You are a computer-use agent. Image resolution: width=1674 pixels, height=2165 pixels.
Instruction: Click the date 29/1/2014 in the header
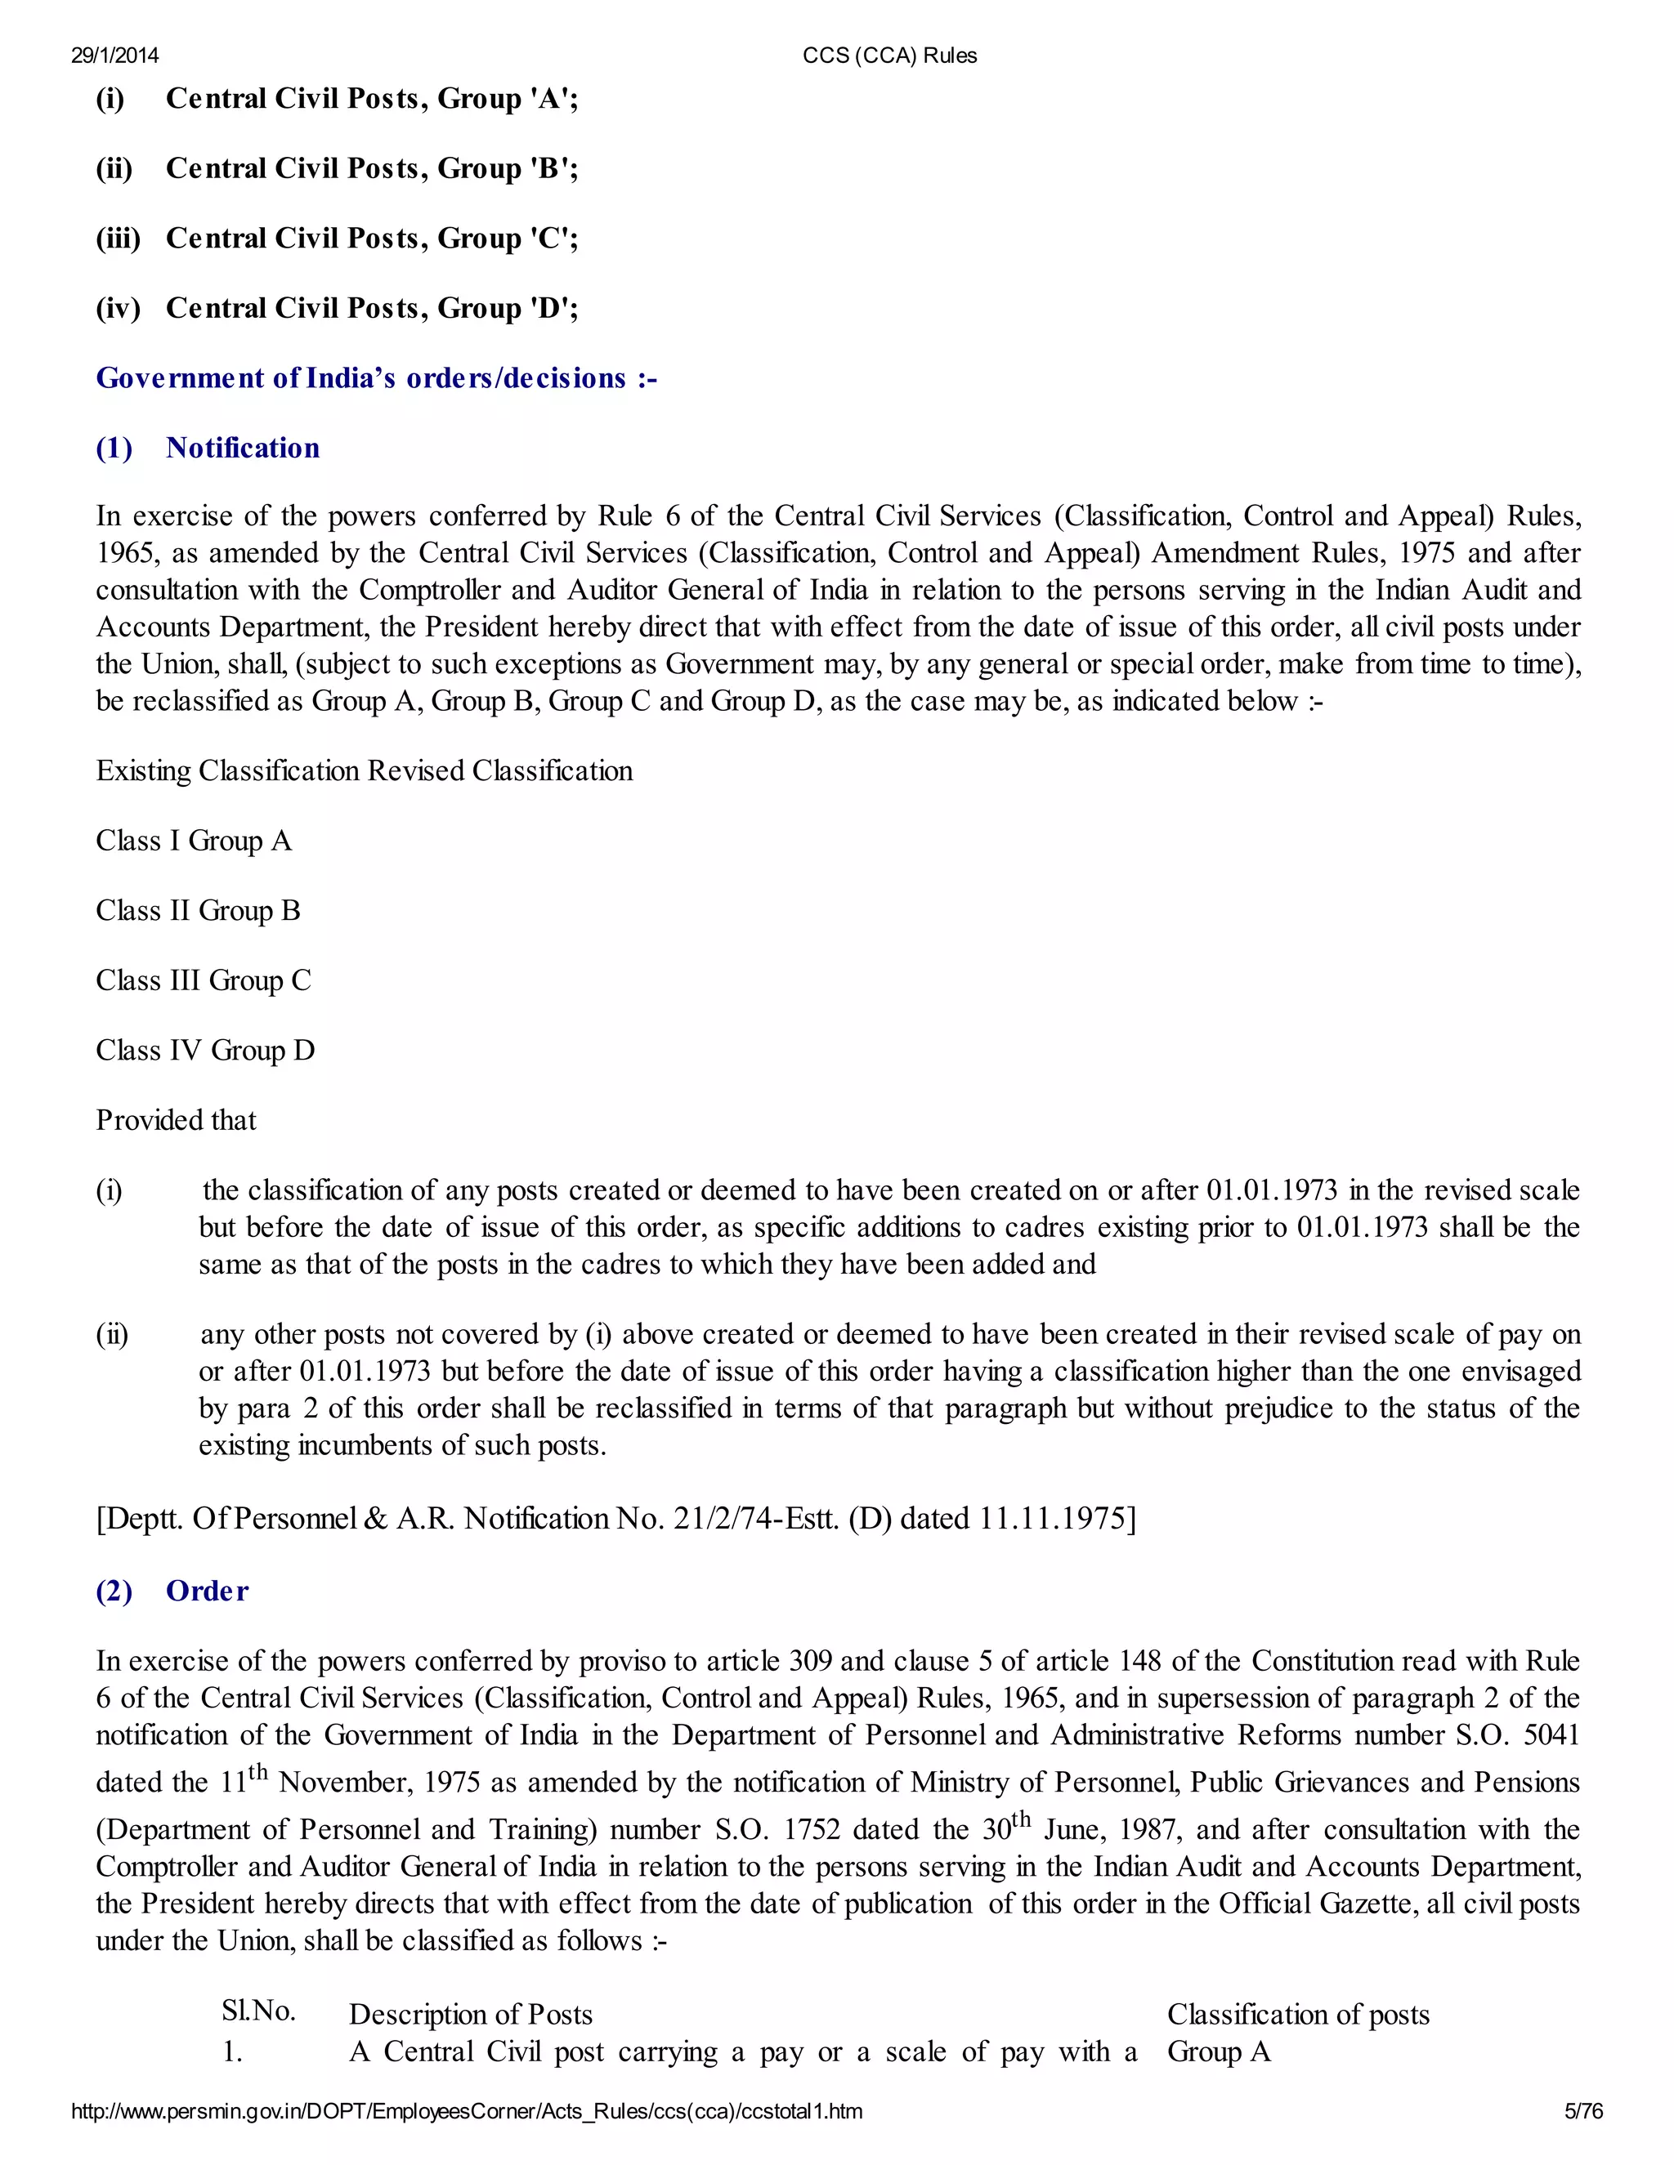[x=115, y=56]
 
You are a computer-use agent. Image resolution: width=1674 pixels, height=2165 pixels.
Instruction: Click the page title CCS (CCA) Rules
[x=889, y=56]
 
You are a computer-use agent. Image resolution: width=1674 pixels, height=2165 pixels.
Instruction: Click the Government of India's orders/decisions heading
[x=377, y=379]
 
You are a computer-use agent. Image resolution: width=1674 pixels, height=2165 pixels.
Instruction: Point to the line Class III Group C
[x=204, y=980]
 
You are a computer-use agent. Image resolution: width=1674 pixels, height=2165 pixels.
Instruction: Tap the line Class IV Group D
[x=205, y=1051]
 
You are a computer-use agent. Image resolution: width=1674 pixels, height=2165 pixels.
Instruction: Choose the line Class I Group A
[x=194, y=841]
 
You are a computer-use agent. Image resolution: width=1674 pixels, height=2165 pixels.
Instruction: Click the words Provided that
[x=176, y=1120]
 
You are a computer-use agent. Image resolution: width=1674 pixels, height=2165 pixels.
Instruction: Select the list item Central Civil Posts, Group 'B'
[x=372, y=168]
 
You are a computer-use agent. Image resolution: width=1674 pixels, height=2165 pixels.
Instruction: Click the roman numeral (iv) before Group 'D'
[x=118, y=308]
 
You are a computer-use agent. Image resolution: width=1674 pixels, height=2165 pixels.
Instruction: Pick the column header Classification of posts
[x=1298, y=2015]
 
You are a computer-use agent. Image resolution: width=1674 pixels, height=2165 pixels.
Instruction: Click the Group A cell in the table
[x=1219, y=2051]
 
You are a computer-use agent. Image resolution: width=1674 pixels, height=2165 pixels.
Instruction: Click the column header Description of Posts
[x=470, y=2015]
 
